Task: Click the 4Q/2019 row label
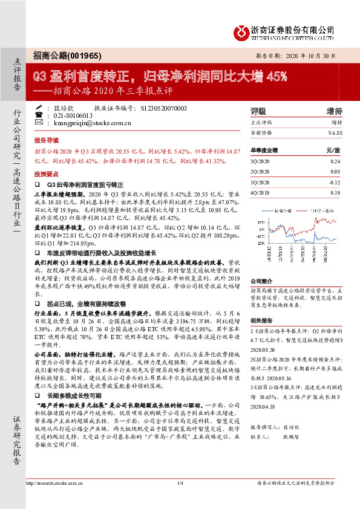(x=260, y=192)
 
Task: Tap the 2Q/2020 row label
(x=260, y=172)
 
